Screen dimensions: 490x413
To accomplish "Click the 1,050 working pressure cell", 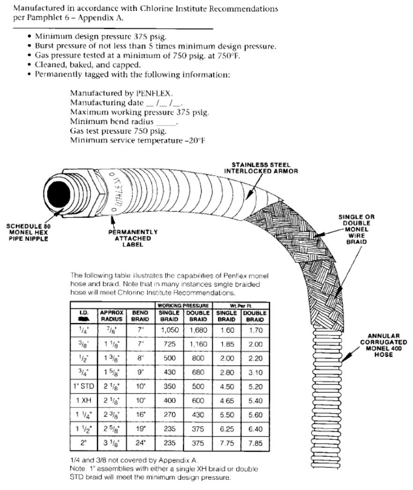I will coord(171,331).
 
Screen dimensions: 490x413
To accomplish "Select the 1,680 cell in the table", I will coord(198,331).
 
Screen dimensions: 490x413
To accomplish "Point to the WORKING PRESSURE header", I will coord(185,305).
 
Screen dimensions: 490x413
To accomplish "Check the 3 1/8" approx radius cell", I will coord(111,443).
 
